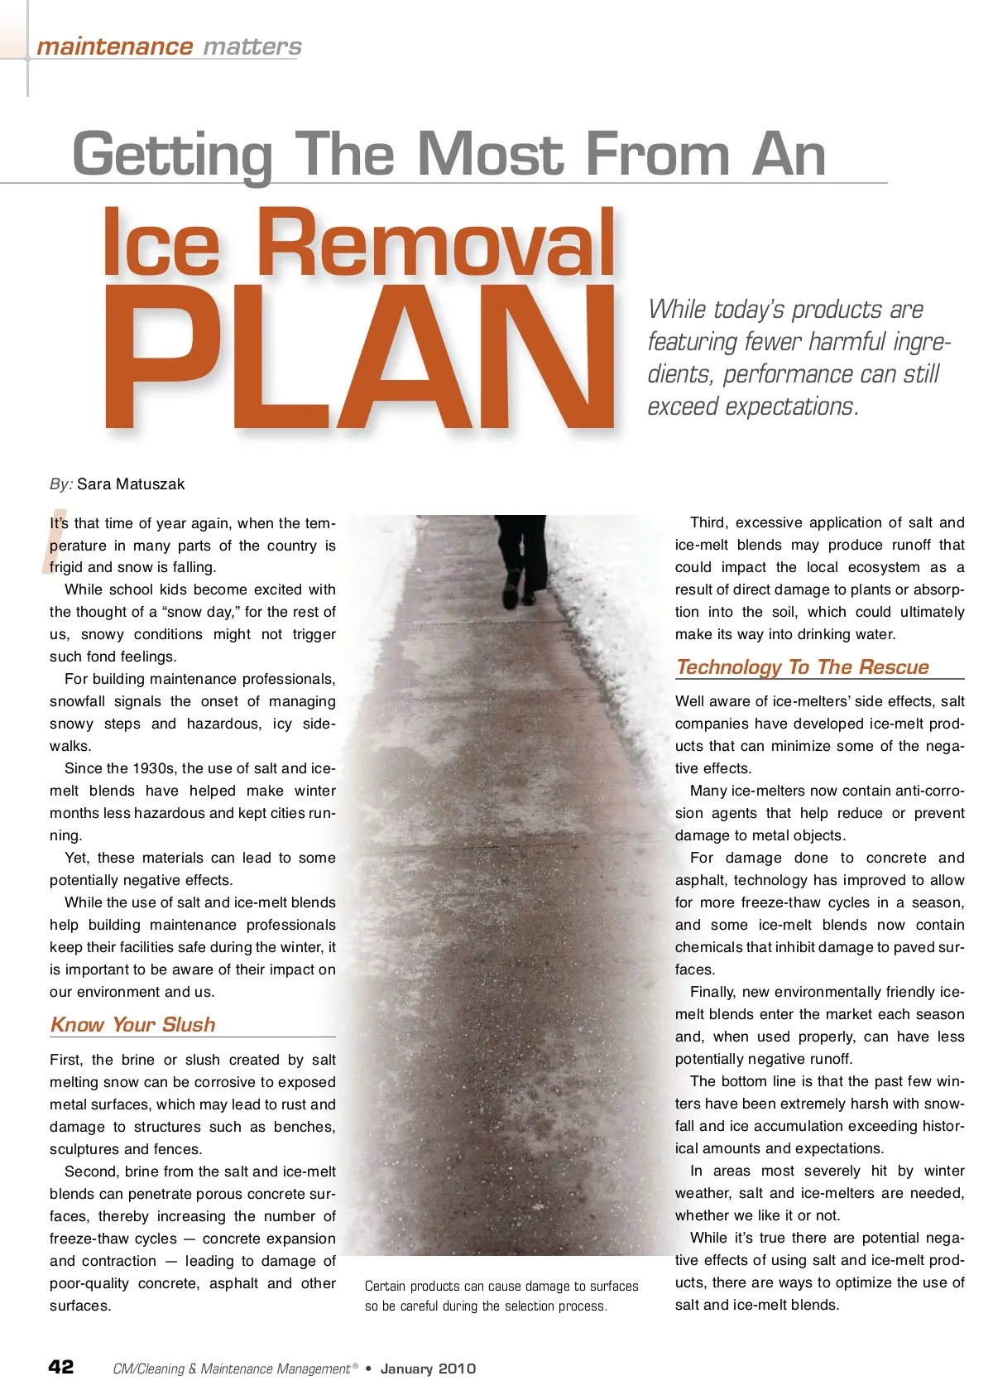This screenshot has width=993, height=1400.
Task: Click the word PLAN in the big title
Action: (360, 358)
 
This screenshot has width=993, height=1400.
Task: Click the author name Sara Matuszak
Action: (131, 484)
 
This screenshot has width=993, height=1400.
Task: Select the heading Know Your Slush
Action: (133, 1025)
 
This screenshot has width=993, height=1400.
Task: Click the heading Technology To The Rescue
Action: (802, 667)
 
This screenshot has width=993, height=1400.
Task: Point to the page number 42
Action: (61, 1367)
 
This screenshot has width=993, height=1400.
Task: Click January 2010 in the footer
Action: (428, 1369)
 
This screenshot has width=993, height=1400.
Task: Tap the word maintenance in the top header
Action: (114, 46)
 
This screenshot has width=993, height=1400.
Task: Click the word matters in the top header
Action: (252, 46)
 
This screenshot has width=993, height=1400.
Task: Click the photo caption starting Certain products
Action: (501, 1296)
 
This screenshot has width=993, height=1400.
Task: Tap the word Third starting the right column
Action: (709, 522)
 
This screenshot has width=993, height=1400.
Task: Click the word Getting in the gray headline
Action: (172, 155)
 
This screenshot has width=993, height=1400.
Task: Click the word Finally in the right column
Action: (712, 992)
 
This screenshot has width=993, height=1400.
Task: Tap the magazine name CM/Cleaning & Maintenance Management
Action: (232, 1369)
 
